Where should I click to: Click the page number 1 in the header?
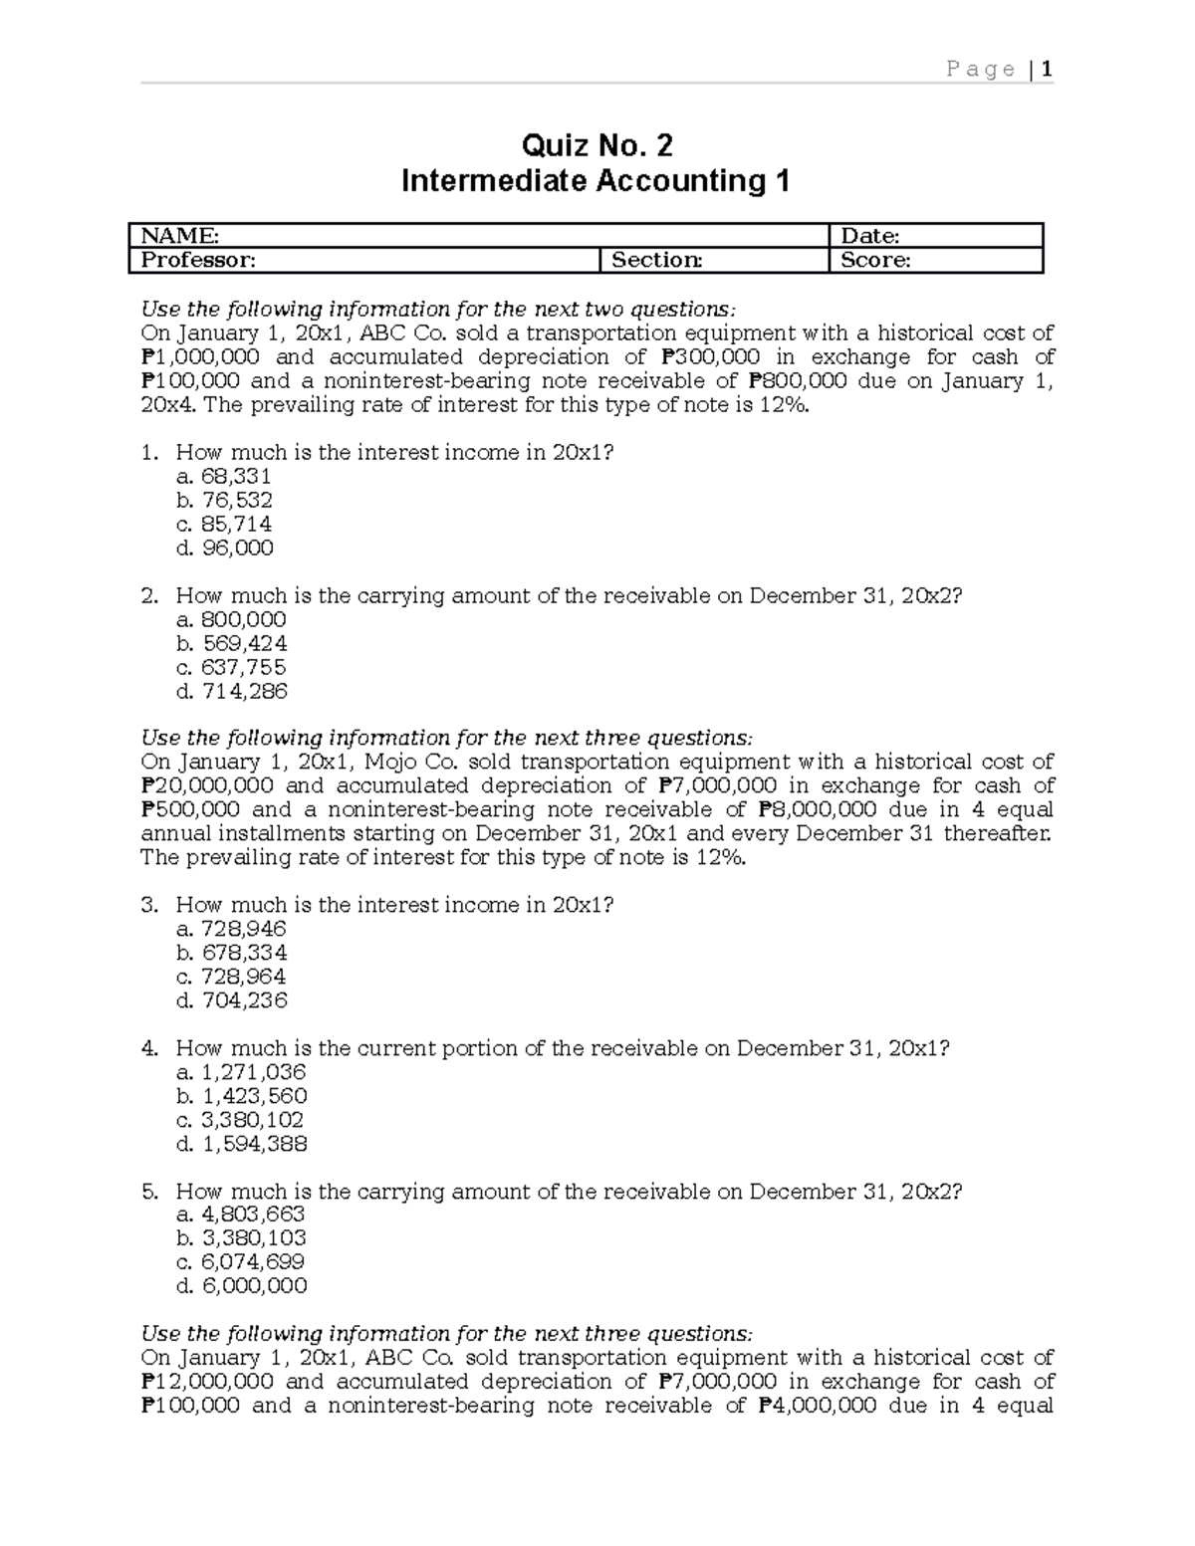(x=1047, y=69)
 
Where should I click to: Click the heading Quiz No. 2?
(x=597, y=146)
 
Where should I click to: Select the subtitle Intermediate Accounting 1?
(x=596, y=181)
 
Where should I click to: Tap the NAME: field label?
(x=180, y=236)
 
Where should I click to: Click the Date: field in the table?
(x=870, y=236)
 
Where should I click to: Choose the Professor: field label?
(x=198, y=260)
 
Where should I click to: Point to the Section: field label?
(x=656, y=260)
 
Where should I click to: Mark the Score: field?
(x=875, y=260)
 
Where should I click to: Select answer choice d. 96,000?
(x=224, y=548)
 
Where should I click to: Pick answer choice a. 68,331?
(x=223, y=476)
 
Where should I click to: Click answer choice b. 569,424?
(x=231, y=643)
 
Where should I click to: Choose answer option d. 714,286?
(x=231, y=691)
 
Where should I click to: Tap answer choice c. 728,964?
(x=231, y=977)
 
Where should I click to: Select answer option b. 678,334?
(x=231, y=953)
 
